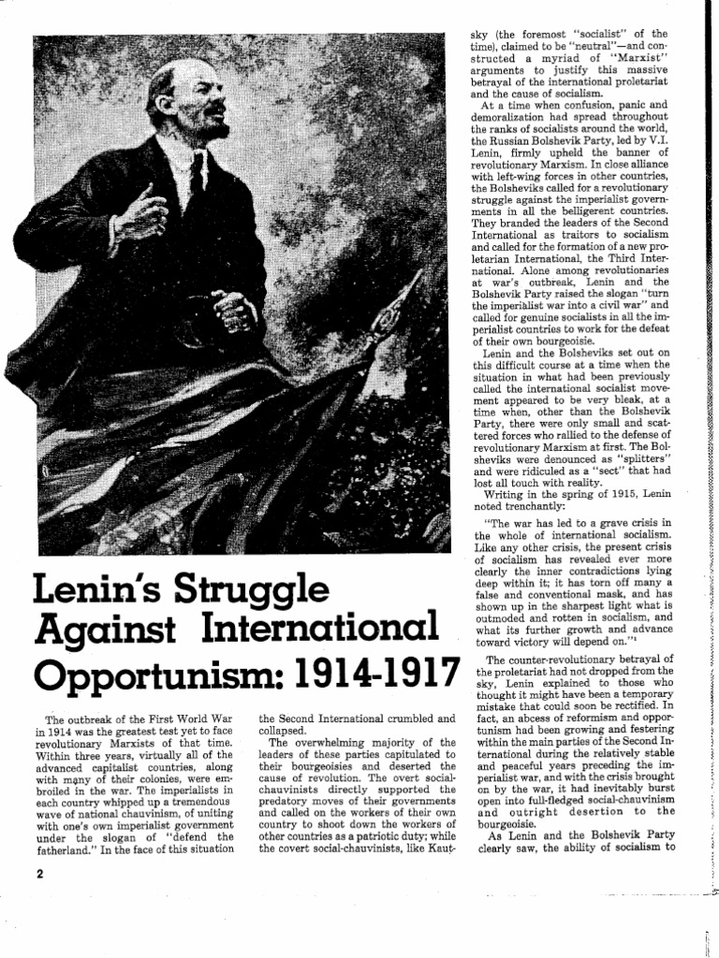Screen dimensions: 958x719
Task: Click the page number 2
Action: point(40,874)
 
